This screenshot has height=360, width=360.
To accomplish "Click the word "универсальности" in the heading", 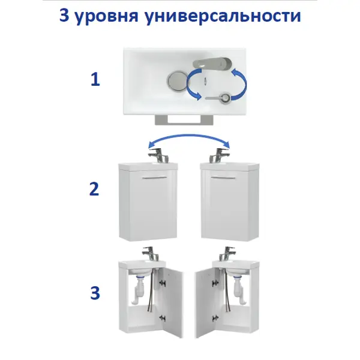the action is (x=223, y=16).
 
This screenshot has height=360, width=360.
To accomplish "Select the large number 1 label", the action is (x=95, y=79).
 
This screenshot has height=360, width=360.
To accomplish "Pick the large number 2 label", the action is (x=94, y=189).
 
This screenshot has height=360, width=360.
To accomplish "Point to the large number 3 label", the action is (x=95, y=293).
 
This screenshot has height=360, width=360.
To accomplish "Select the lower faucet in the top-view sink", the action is (x=218, y=98).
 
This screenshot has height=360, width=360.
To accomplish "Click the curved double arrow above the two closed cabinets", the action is (x=189, y=136).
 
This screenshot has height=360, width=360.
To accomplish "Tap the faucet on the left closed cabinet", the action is (x=158, y=155).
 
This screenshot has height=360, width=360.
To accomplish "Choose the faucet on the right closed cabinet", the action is (x=219, y=155).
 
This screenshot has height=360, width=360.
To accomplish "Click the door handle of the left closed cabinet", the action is (x=154, y=177).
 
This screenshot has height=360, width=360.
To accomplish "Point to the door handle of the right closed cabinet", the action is (x=223, y=177).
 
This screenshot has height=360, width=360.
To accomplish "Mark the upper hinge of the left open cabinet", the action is (x=163, y=283).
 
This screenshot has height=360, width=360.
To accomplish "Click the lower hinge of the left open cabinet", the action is (x=163, y=318).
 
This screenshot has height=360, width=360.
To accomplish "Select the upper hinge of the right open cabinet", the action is (x=215, y=283).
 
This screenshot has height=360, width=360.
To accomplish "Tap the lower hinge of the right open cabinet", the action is (x=215, y=318).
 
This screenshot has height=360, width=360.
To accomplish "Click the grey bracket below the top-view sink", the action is (x=184, y=120).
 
